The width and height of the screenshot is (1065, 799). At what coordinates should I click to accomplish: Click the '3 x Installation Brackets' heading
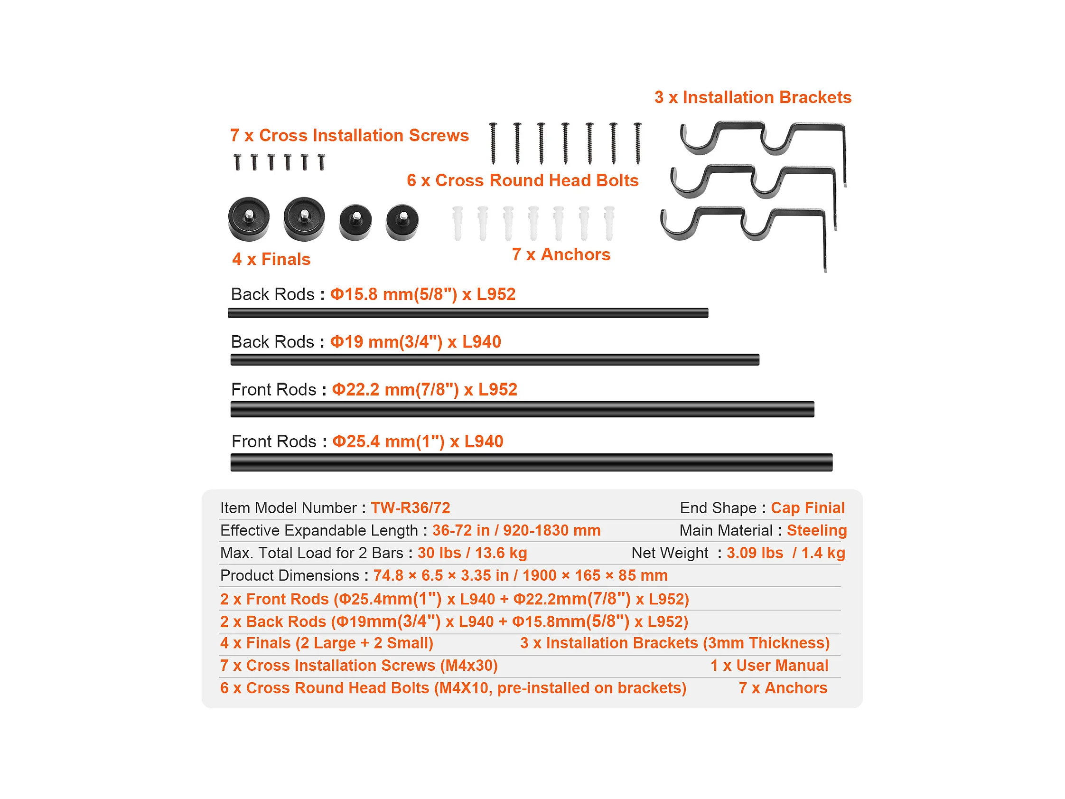point(753,97)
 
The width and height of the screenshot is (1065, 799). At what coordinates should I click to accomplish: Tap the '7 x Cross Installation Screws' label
point(349,135)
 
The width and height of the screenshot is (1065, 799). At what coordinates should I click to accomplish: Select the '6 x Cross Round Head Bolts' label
point(523,180)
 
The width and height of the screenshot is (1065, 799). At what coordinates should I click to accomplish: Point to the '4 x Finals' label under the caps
point(271,259)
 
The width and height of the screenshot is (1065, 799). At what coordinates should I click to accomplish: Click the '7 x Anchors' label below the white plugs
point(561,254)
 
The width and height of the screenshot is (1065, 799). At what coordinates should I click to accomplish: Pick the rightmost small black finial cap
point(402,222)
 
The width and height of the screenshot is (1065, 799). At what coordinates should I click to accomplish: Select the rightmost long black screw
point(637,143)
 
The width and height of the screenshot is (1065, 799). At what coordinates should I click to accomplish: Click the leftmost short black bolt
point(237,162)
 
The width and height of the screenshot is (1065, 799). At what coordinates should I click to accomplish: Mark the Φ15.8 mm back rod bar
point(468,313)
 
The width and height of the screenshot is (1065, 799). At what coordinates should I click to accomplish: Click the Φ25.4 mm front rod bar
point(531,462)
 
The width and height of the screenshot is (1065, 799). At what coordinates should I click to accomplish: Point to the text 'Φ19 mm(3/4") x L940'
point(415,342)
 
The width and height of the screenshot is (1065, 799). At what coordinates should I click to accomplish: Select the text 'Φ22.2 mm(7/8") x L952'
point(424,390)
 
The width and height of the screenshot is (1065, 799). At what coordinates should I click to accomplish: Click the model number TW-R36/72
point(410,508)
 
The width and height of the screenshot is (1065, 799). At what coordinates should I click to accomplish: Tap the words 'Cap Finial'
point(807,508)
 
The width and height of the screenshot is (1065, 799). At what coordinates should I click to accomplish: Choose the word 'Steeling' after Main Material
point(817,530)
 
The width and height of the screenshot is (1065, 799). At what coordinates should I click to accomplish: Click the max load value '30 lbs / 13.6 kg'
point(472,553)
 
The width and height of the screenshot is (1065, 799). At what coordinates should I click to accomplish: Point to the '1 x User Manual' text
point(769,666)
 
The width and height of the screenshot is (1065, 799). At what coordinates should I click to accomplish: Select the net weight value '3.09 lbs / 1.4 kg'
point(785,553)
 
